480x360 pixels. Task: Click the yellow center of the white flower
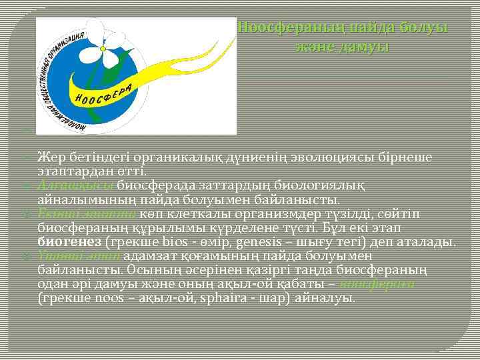(x=103, y=47)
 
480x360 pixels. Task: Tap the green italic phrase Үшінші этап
(x=78, y=255)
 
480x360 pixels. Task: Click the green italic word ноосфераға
(x=377, y=283)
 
